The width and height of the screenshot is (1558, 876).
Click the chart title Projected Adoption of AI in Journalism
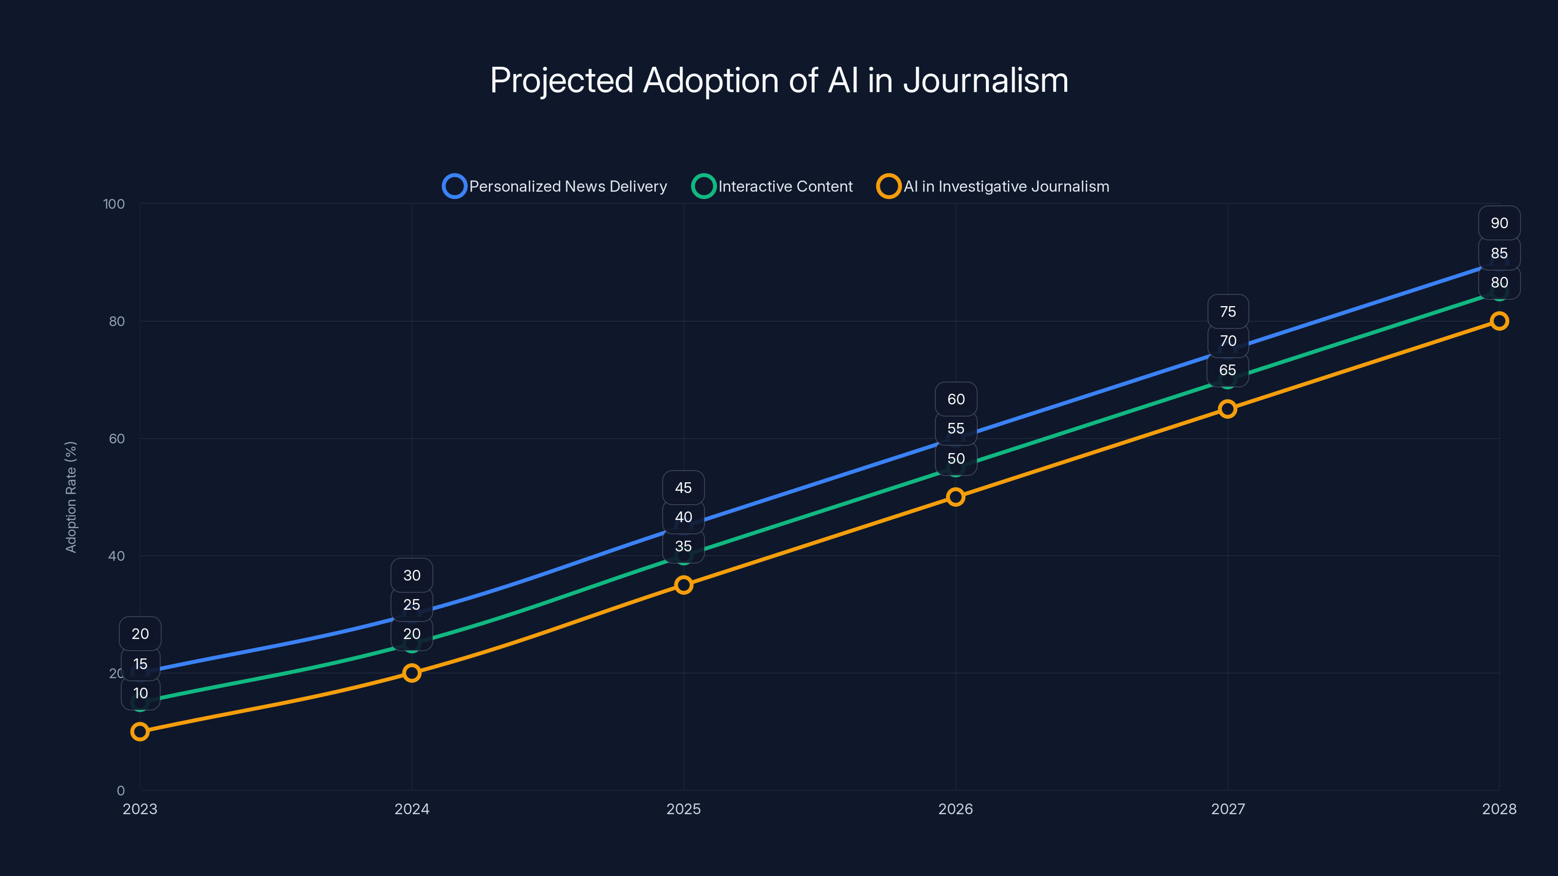(x=779, y=80)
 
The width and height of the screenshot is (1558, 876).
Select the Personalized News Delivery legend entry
(x=555, y=186)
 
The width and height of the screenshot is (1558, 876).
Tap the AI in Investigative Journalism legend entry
(x=993, y=186)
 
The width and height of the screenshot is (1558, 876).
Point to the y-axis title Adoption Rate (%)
(x=71, y=496)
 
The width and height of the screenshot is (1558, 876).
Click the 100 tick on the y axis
(x=114, y=204)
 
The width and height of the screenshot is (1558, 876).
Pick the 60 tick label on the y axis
(x=117, y=439)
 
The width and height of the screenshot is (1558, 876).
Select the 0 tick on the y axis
(x=121, y=791)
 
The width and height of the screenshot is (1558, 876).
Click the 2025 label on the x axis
(x=684, y=809)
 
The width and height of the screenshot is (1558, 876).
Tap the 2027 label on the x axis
(x=1228, y=809)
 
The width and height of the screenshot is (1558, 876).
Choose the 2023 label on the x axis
(x=140, y=809)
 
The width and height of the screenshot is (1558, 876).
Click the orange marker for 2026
(x=956, y=497)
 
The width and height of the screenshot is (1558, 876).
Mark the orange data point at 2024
(x=412, y=673)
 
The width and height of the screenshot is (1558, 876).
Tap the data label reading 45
(x=684, y=488)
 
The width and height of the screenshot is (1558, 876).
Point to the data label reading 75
(x=1228, y=312)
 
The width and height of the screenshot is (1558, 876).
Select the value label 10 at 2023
(x=140, y=693)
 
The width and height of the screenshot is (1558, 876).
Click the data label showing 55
(x=956, y=429)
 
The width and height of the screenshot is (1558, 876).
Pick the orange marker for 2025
(x=684, y=584)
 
